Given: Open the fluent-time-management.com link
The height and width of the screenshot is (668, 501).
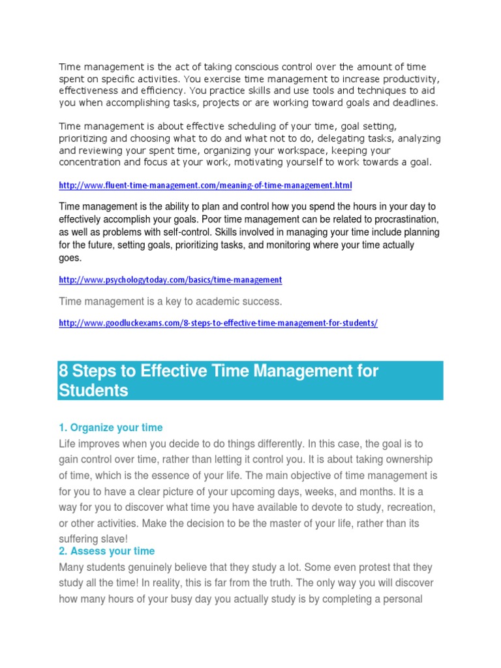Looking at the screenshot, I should coord(205,185).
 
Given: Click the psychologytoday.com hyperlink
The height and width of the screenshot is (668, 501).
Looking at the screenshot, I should coord(170,279).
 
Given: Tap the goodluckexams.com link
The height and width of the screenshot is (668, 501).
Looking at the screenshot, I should coord(218,322).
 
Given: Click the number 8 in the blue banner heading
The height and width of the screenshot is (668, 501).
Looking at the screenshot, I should coord(63,371).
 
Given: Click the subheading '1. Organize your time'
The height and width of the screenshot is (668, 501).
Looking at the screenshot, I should coord(110,427).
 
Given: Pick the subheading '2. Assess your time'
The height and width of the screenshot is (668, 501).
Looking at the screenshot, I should coord(106,551).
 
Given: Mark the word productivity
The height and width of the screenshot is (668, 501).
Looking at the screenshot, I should coord(408,79).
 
